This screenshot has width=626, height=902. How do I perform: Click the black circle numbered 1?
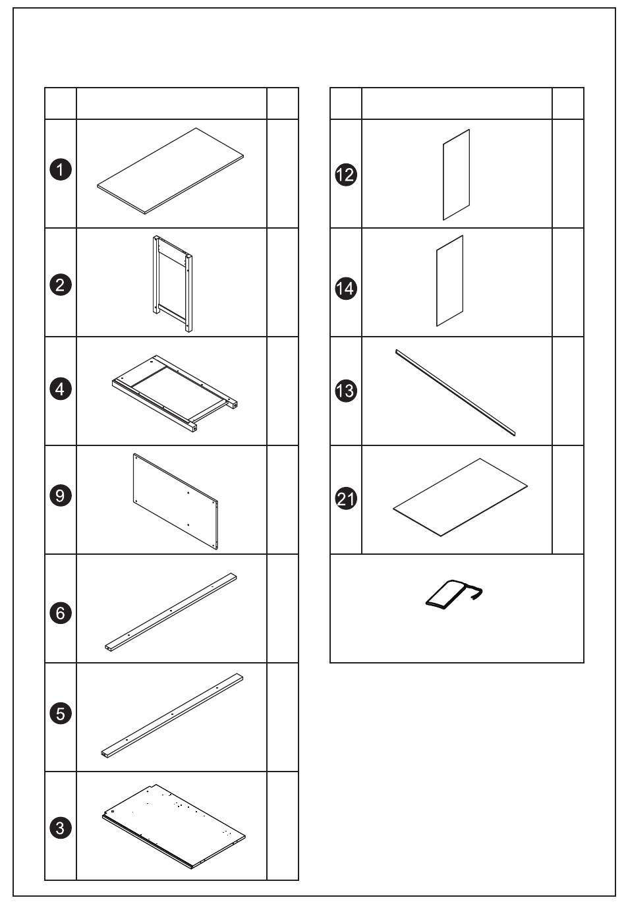click(61, 169)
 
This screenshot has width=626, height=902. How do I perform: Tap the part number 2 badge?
click(61, 285)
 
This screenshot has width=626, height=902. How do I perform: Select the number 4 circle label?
click(61, 389)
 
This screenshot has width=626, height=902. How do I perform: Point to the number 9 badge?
click(61, 495)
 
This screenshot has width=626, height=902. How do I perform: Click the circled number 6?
click(61, 613)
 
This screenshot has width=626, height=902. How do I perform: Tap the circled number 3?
click(61, 828)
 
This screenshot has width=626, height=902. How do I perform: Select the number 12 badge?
click(346, 175)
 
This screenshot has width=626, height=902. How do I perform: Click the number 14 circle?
click(346, 289)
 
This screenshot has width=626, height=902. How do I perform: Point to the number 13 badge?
click(346, 391)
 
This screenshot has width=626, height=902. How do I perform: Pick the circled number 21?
click(346, 499)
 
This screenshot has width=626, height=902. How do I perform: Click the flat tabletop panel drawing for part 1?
click(171, 171)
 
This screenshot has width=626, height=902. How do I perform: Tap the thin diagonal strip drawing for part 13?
click(455, 393)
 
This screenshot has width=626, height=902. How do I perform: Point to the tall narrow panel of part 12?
click(457, 175)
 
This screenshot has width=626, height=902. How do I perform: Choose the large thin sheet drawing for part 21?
click(461, 497)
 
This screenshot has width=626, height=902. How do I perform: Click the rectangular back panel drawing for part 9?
click(176, 501)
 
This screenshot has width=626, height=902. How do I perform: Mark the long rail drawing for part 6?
click(171, 611)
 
